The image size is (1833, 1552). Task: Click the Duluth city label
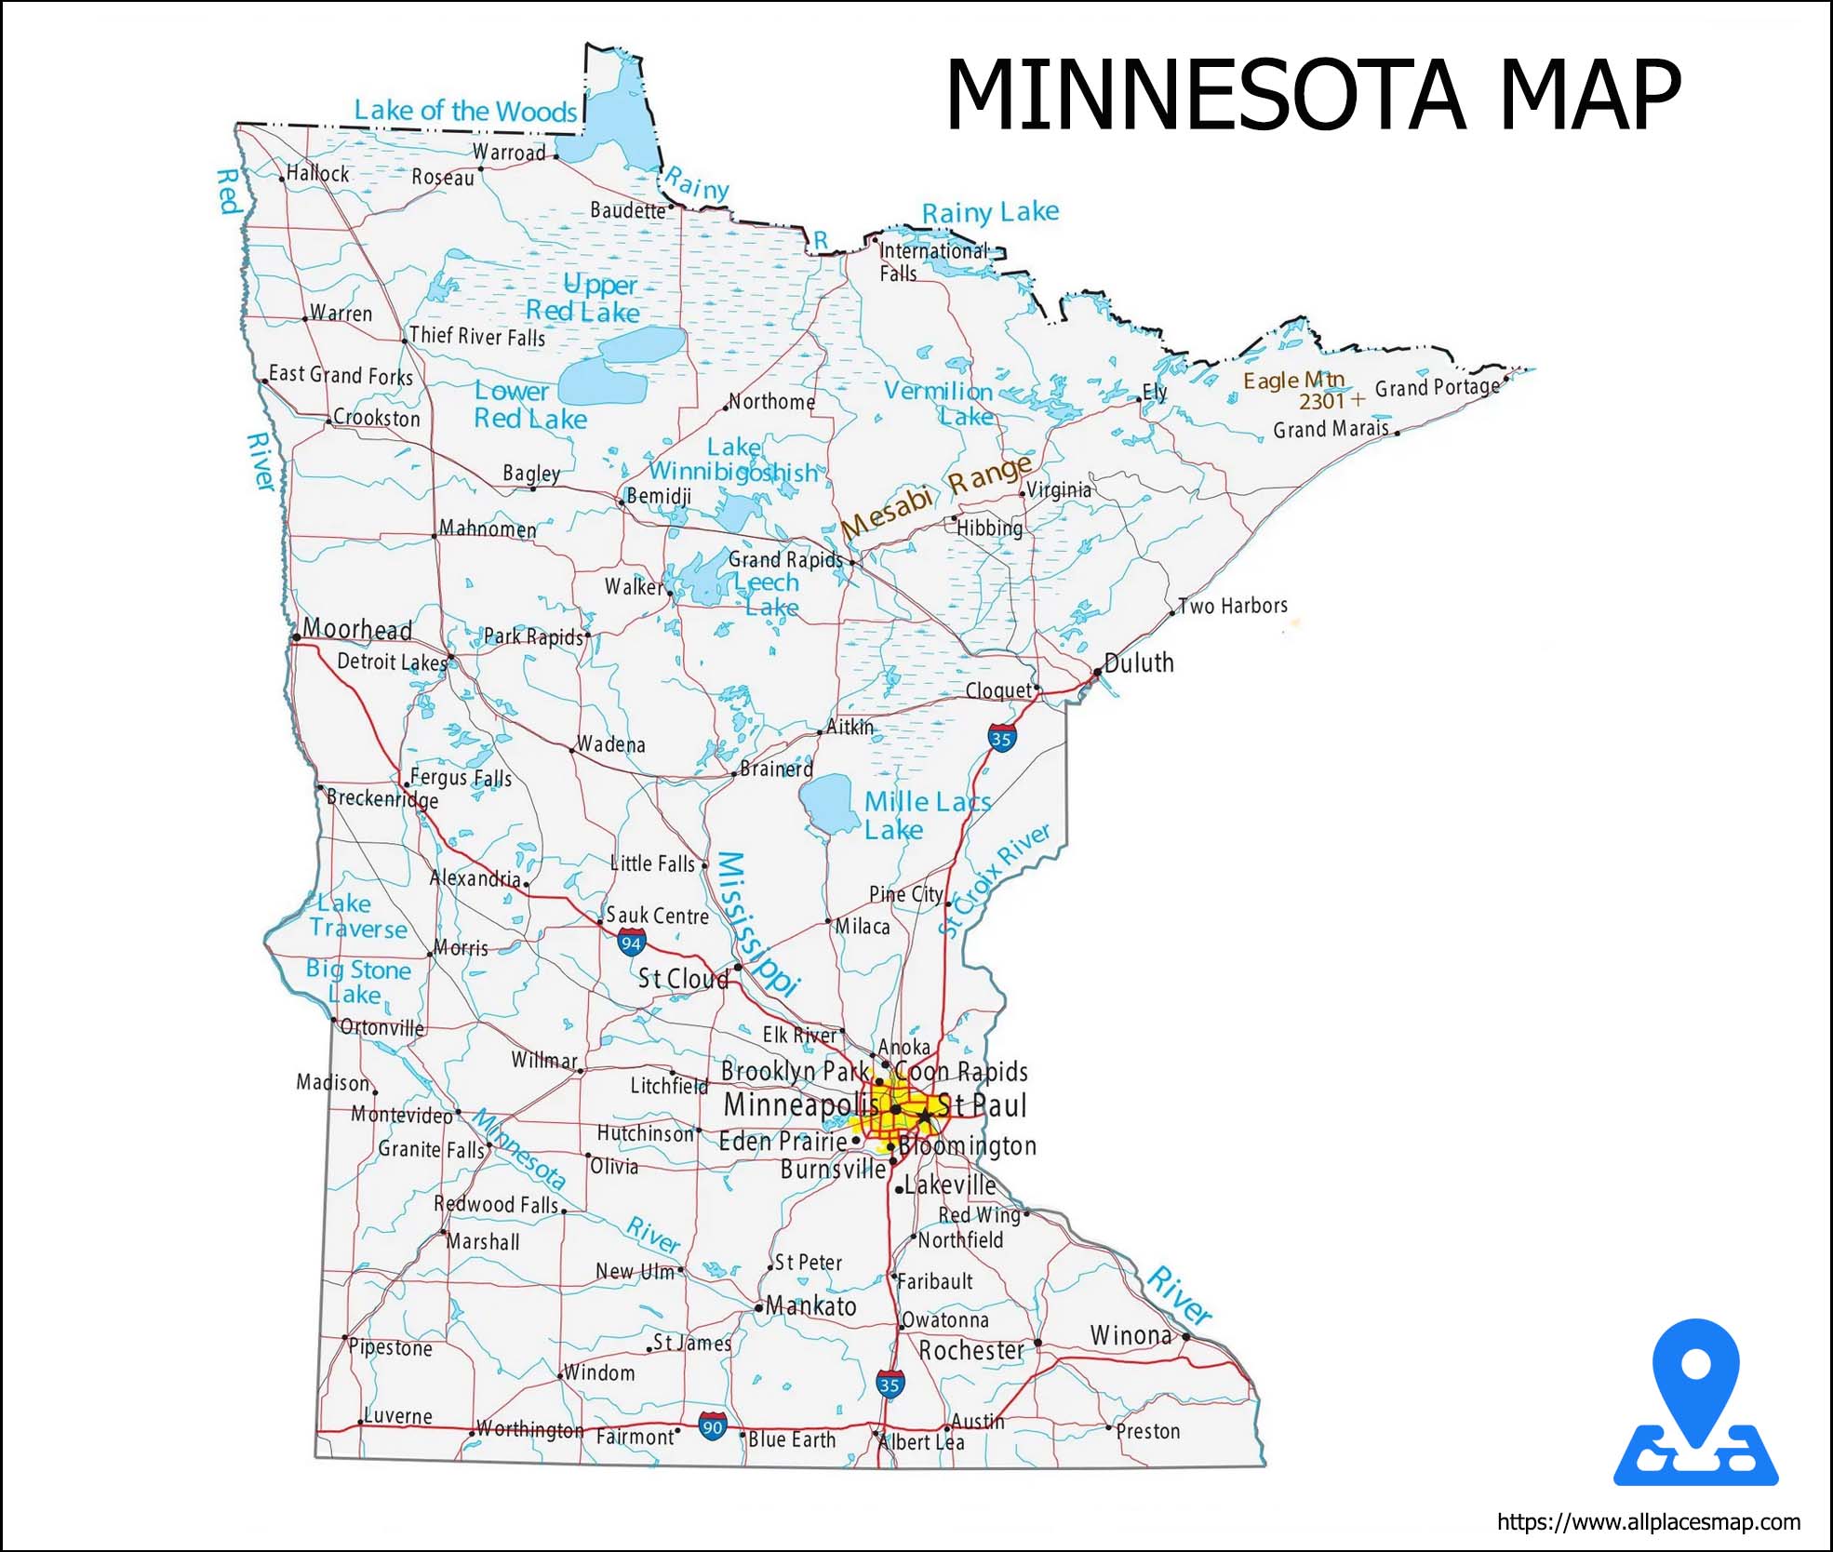(x=1139, y=662)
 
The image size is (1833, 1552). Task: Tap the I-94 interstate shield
(x=631, y=943)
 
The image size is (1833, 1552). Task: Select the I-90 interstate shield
(x=713, y=1426)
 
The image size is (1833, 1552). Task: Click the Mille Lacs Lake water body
(x=829, y=804)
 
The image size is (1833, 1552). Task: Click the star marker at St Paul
(x=924, y=1116)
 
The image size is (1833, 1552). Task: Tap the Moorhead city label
(x=357, y=629)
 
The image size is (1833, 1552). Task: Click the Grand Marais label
(x=1331, y=429)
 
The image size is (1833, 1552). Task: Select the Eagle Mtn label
(x=1293, y=381)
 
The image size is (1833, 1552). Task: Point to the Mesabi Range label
(x=937, y=497)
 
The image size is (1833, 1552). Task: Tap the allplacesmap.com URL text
(x=1648, y=1522)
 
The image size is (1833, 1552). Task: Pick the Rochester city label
(x=971, y=1349)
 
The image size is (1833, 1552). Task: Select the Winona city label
(x=1131, y=1335)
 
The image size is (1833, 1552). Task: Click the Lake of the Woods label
(x=465, y=111)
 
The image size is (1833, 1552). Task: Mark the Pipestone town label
(x=391, y=1347)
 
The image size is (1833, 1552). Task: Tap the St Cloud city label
(x=683, y=979)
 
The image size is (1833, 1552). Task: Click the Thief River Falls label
(x=477, y=336)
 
